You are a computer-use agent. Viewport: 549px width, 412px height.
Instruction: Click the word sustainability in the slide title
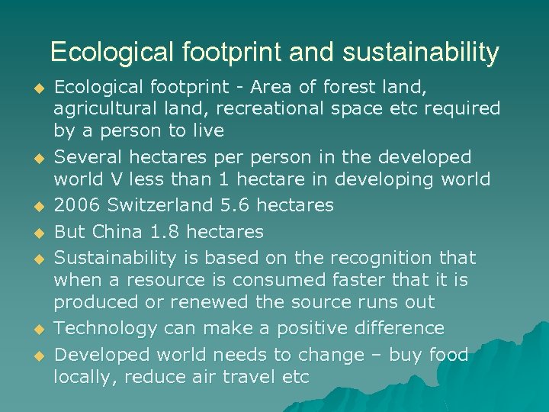pyautogui.click(x=421, y=53)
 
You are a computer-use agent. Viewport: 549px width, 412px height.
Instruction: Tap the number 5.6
pyautogui.click(x=249, y=205)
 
